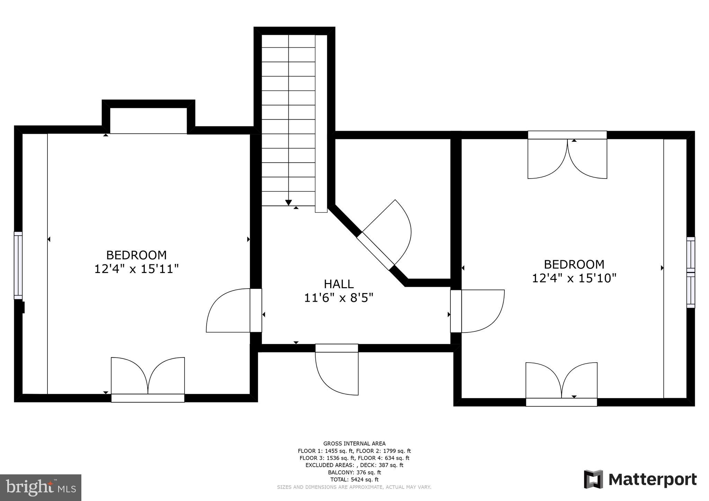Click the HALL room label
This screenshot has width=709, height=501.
click(339, 284)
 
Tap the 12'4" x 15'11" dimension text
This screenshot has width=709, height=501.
click(136, 269)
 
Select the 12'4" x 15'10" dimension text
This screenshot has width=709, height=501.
click(574, 278)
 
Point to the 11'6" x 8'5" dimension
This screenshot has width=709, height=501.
click(339, 298)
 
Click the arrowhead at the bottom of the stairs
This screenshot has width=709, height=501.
click(288, 203)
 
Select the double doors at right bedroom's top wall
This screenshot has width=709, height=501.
click(567, 157)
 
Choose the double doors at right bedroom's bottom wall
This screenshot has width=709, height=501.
click(561, 382)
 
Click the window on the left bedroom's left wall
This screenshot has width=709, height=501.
click(18, 265)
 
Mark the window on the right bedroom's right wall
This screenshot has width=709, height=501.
click(691, 272)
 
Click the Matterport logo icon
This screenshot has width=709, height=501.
click(593, 479)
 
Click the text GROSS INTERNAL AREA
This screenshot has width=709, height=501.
click(354, 444)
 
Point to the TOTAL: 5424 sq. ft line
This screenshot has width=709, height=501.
click(354, 480)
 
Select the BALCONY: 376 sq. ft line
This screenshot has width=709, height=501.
click(354, 472)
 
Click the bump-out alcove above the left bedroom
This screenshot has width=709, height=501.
click(149, 120)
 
